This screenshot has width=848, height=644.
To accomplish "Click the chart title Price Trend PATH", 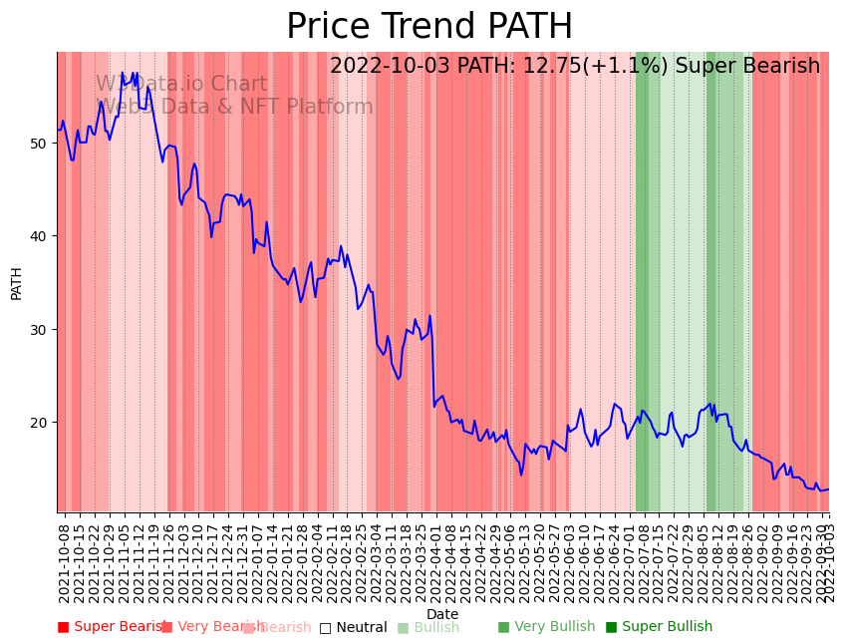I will coord(429,27).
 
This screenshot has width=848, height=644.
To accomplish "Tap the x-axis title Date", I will coord(442,614).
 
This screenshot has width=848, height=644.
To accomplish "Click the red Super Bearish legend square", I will coord(64,627).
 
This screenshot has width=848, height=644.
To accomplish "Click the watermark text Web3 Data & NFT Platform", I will coord(236,108).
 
